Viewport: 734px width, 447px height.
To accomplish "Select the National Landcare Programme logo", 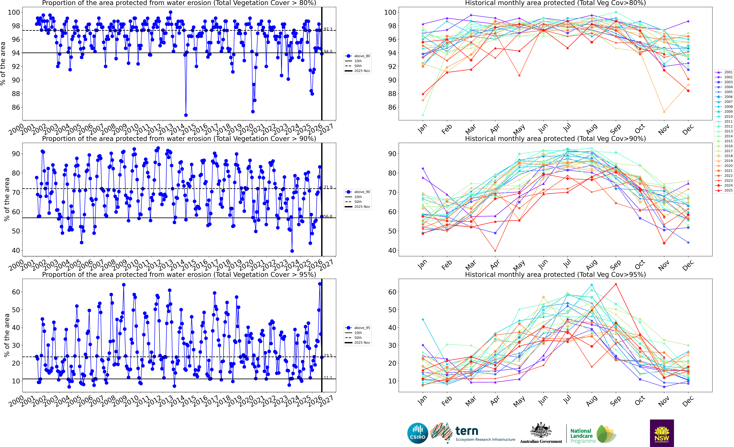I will (593, 434).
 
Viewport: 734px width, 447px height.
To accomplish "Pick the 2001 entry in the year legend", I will (724, 72).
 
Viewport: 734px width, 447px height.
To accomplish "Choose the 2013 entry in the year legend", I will (724, 131).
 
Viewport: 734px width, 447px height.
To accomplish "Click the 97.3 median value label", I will (328, 29).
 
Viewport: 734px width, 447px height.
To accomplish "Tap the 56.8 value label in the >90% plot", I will (328, 216).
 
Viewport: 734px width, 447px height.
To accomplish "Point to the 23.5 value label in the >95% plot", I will (328, 355).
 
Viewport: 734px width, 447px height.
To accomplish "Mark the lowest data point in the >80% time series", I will (186, 115).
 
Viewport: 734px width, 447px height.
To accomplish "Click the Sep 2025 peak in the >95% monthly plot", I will (616, 284).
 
